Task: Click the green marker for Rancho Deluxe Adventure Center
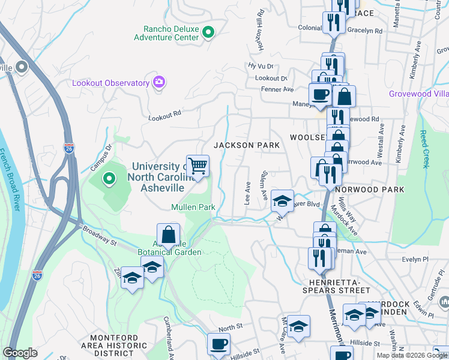coord(208,32)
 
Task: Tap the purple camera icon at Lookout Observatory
coord(159,82)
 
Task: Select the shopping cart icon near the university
coord(197,166)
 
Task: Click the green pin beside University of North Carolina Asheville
coord(109,178)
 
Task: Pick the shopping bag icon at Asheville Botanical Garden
coord(169,235)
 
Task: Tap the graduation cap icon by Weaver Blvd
coord(282,201)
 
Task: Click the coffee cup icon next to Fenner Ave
coord(319,94)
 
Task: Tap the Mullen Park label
coord(193,208)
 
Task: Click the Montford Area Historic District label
coord(118,346)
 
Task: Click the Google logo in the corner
coord(20,353)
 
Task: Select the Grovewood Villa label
coord(418,94)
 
